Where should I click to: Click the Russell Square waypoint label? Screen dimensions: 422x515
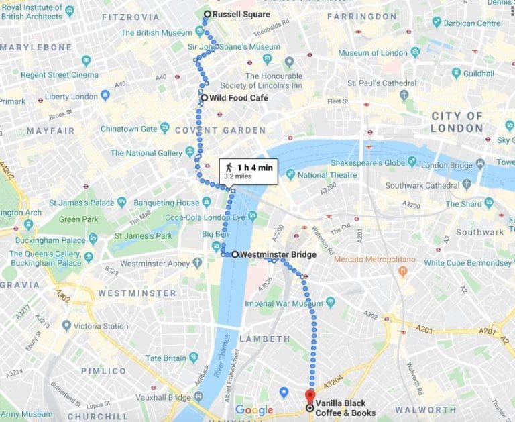(x=241, y=14)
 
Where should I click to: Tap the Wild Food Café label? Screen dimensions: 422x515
(x=238, y=98)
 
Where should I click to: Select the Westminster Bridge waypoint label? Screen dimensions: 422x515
(x=277, y=255)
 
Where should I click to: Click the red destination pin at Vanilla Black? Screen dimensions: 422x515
(x=309, y=394)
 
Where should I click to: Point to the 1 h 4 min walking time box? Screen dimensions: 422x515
(x=249, y=171)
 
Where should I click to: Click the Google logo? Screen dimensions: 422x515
(x=254, y=410)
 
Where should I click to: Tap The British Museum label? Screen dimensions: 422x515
(x=156, y=32)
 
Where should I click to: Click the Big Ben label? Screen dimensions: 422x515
(x=216, y=233)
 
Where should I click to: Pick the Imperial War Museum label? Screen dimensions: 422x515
(x=284, y=303)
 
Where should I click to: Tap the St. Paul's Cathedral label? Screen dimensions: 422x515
(x=382, y=83)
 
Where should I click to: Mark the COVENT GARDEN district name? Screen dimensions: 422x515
(x=220, y=130)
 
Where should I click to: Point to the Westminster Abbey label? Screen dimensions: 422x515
(x=155, y=264)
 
